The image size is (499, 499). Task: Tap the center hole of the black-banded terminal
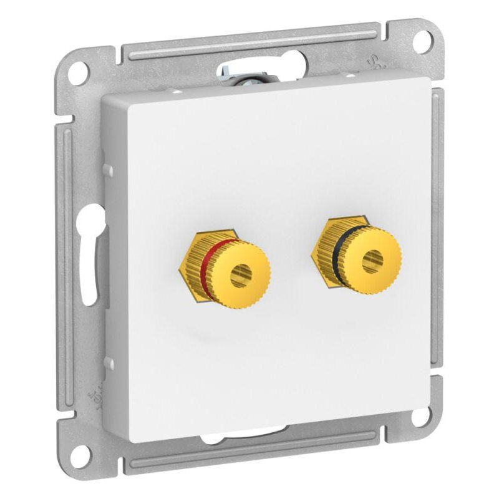click(372, 258)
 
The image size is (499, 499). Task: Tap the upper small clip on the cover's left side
click(107, 169)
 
